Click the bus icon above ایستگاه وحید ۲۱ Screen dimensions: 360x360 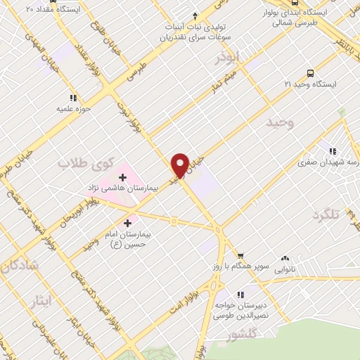(x=310, y=72)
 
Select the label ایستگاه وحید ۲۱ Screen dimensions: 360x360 (x=311, y=84)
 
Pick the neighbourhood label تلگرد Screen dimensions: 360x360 (x=345, y=215)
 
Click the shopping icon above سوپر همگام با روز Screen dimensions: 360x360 (x=240, y=255)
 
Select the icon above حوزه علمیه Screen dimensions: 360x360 (x=72, y=98)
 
